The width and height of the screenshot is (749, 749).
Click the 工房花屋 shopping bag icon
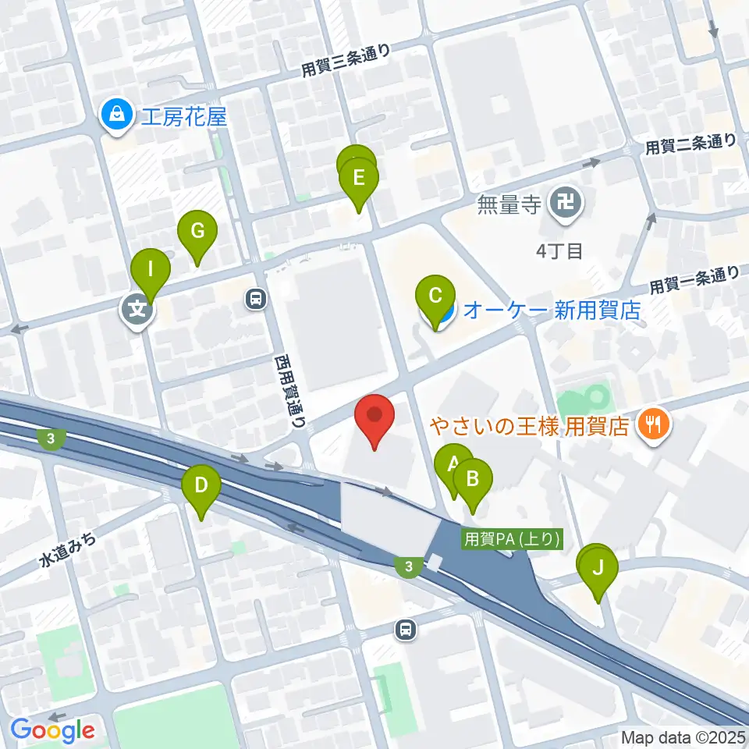115,116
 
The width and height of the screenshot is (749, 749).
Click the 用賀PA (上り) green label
512,538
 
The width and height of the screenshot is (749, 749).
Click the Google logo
53,730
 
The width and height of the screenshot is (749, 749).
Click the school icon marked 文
137,310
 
